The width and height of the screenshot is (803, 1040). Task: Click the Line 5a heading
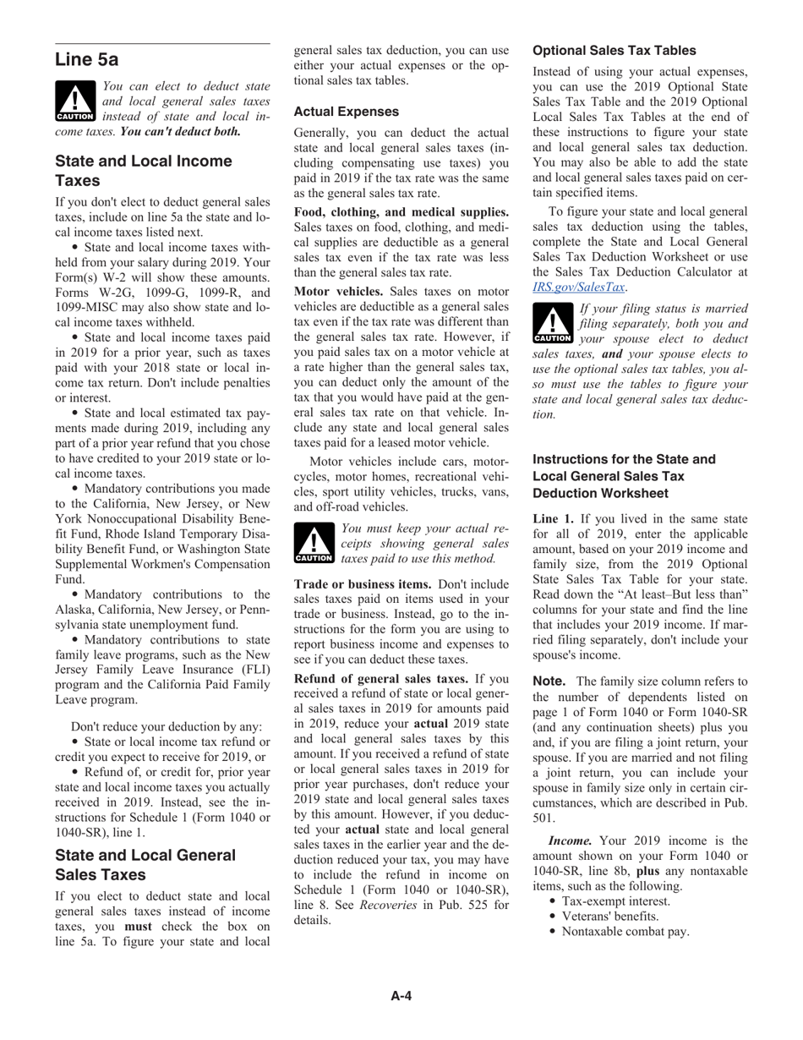click(x=86, y=60)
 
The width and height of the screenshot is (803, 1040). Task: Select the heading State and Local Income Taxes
click(x=143, y=171)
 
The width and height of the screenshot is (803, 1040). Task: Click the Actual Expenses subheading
click(x=346, y=112)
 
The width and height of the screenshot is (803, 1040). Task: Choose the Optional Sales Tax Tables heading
click(x=614, y=51)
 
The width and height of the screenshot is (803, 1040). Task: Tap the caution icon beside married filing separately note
click(x=553, y=325)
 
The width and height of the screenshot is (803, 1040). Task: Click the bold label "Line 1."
click(x=554, y=518)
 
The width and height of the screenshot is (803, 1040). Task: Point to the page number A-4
click(x=401, y=996)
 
